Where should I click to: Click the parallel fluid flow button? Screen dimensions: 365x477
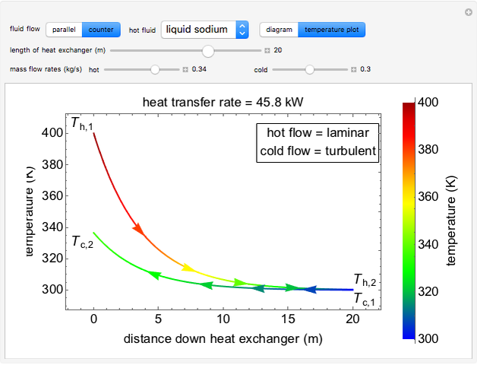point(64,30)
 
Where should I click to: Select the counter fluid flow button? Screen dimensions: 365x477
point(101,30)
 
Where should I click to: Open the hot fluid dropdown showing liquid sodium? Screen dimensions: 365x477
point(205,30)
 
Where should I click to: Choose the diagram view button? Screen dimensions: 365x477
point(279,30)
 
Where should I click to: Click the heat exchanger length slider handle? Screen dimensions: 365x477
point(208,50)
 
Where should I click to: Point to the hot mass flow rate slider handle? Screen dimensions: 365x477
point(155,69)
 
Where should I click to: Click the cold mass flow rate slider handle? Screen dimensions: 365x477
point(309,69)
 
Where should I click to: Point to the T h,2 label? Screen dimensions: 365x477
point(365,280)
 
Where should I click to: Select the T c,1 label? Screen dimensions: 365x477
point(365,297)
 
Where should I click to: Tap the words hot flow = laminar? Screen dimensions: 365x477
point(317,133)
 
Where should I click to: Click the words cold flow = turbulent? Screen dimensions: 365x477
point(317,151)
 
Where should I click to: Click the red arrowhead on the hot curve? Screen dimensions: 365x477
point(139,227)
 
